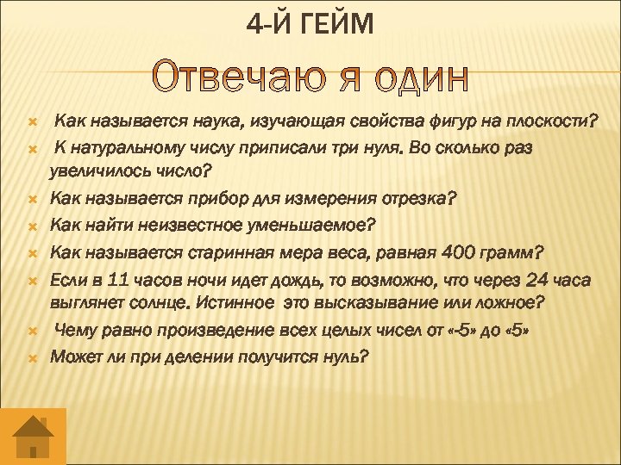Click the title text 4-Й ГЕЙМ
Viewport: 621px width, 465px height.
(x=310, y=25)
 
